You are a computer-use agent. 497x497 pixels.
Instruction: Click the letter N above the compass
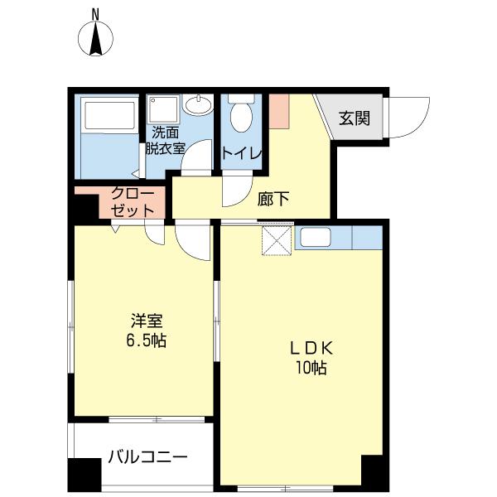(x=95, y=15)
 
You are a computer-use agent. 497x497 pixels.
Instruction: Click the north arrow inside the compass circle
(x=96, y=39)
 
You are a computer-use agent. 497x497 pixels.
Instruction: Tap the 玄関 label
(x=355, y=118)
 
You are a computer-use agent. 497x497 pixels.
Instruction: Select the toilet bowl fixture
(x=241, y=113)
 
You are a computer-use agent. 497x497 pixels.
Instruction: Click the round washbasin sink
(x=199, y=104)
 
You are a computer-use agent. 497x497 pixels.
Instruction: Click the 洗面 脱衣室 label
(x=165, y=140)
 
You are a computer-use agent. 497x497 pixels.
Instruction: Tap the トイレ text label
(x=242, y=154)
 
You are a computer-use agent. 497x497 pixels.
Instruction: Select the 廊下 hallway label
(x=273, y=199)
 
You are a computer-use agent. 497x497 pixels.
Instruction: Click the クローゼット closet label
(x=133, y=202)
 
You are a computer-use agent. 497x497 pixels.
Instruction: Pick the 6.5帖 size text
(x=146, y=340)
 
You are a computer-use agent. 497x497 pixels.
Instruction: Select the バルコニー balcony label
(x=147, y=457)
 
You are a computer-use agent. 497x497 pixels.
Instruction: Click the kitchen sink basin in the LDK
(x=316, y=237)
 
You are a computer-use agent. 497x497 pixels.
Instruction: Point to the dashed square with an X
(x=277, y=240)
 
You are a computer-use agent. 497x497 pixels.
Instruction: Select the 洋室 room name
(x=147, y=321)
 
